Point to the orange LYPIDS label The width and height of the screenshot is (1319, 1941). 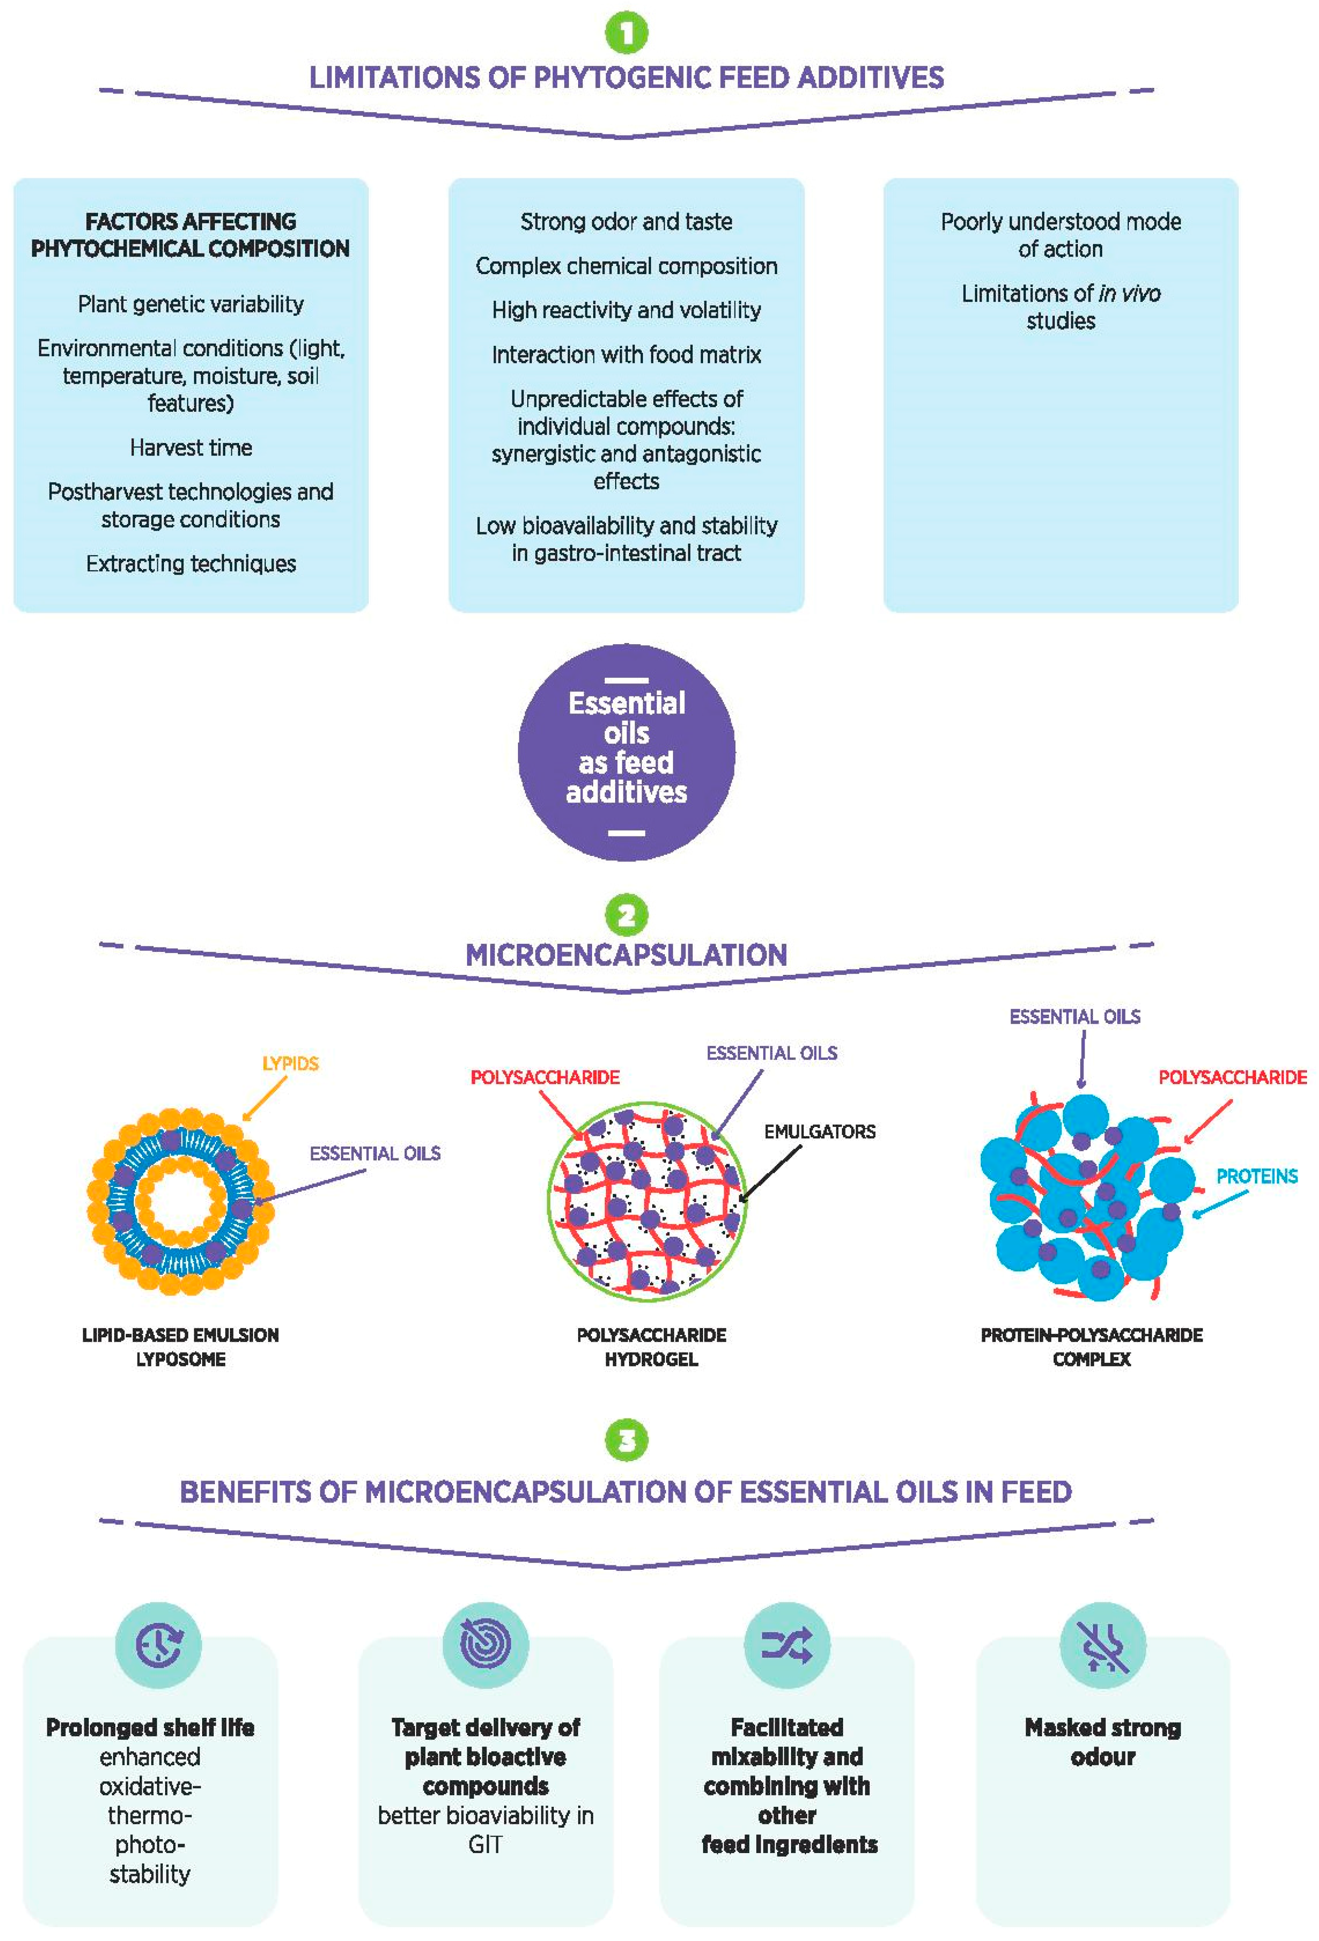290,1063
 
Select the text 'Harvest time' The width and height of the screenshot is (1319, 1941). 191,448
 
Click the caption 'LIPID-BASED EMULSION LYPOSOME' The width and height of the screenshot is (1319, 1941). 180,1347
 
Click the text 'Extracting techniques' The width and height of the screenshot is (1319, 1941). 191,564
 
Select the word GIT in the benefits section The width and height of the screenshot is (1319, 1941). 485,1844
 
